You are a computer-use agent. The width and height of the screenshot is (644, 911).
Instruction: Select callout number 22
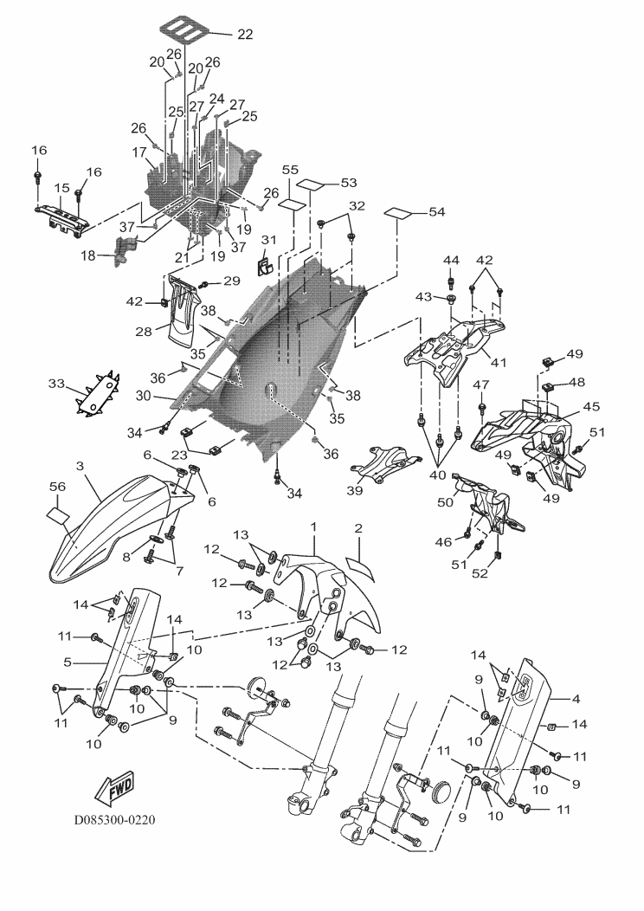tap(245, 35)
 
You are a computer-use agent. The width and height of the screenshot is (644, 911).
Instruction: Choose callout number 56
tap(58, 489)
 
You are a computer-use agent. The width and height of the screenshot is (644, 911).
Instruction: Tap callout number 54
tap(438, 212)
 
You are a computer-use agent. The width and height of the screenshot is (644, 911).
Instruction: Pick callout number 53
tap(348, 184)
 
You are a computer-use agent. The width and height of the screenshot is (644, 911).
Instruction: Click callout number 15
tap(61, 187)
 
